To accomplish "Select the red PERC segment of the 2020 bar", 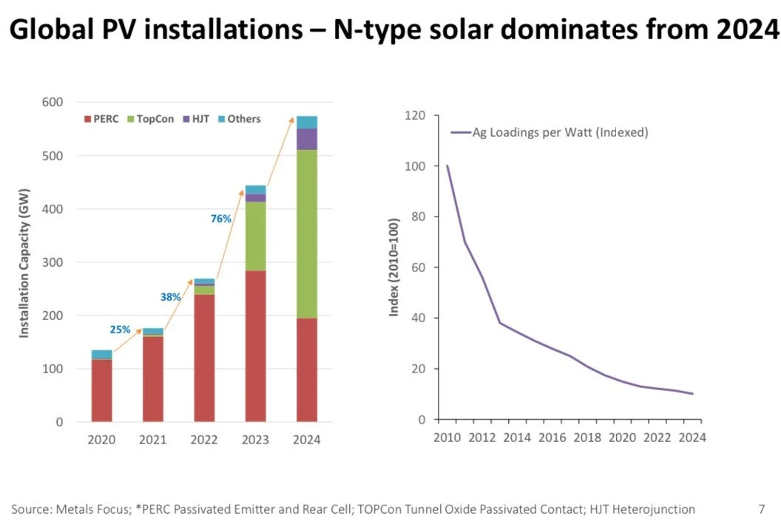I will tap(101, 390).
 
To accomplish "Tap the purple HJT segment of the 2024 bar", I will tap(307, 139).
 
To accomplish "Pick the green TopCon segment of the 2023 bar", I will tap(255, 237).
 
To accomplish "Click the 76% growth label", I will tap(221, 219).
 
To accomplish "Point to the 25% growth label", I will tap(120, 329).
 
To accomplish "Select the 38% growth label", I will tap(171, 297).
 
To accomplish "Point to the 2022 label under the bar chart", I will tap(204, 441).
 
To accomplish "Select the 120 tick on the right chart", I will tap(416, 115).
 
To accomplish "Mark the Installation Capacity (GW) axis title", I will tap(24, 262).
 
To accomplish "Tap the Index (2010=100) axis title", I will tap(394, 268).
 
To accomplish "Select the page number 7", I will tap(761, 509).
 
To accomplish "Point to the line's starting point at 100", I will tap(447, 166).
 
